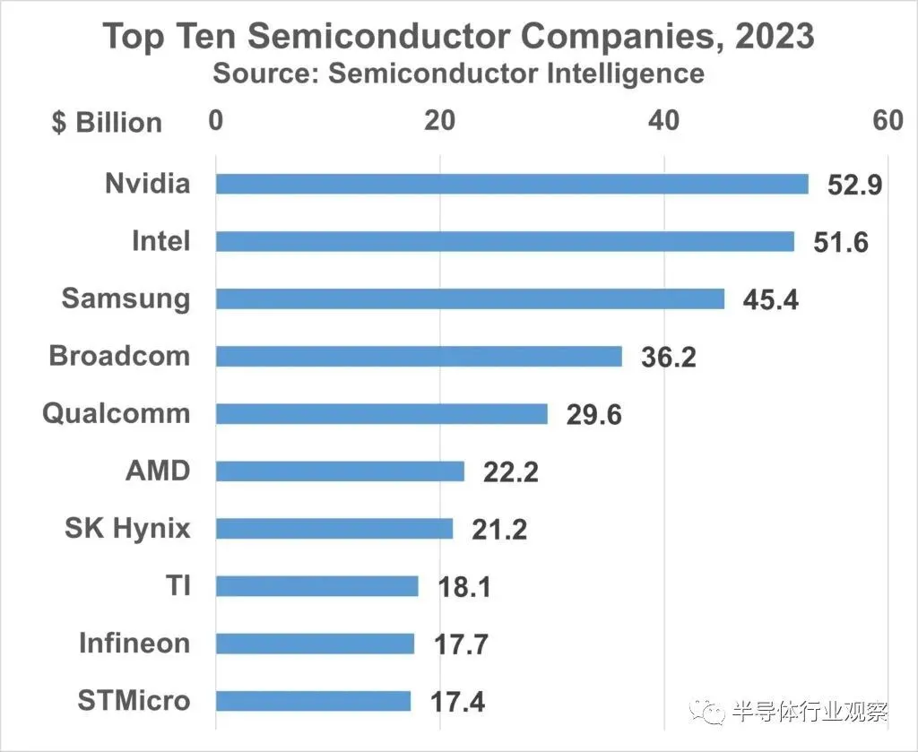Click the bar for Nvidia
coord(512,184)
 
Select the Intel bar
coord(505,241)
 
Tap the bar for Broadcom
coord(419,356)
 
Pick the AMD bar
coord(340,471)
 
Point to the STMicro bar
coord(313,700)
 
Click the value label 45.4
coord(770,299)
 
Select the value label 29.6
coord(593,414)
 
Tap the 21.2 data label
coord(499,529)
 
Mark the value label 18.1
coord(464,586)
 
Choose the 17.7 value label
coord(461,644)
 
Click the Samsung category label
coord(126,298)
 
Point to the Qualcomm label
coord(117,413)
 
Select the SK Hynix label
coord(127,528)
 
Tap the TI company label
coord(178,585)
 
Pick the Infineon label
coord(134,643)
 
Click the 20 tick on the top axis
coord(439,120)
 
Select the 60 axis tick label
coord(888,120)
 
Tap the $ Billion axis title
coord(107,123)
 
